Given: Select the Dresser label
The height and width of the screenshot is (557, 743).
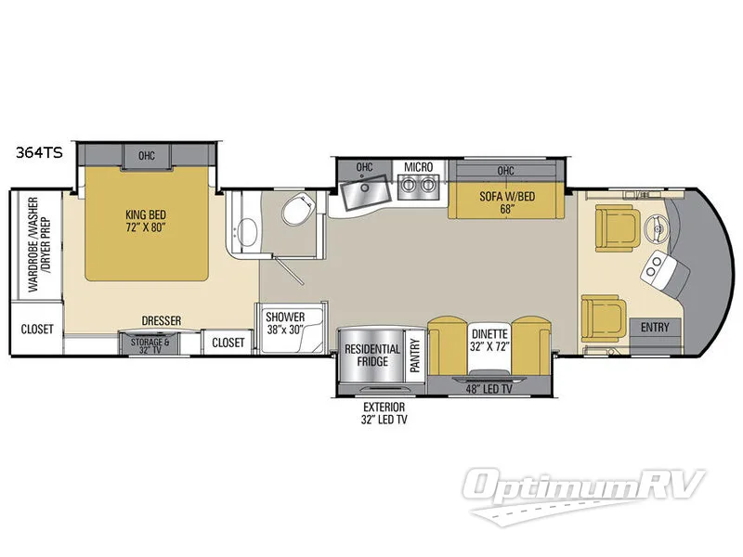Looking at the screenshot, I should point(162,320).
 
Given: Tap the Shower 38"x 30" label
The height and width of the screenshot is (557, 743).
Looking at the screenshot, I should point(285,321).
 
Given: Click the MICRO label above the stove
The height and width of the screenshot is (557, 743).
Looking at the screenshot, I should point(415,167).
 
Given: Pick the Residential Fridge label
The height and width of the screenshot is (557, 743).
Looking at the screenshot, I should point(372,356).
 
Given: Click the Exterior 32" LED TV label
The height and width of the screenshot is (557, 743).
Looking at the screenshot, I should point(384,413).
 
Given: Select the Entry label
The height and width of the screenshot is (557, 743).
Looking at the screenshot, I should point(656,328).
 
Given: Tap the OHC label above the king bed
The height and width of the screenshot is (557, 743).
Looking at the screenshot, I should point(147,155).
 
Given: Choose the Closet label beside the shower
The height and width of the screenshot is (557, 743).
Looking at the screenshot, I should point(228,343).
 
